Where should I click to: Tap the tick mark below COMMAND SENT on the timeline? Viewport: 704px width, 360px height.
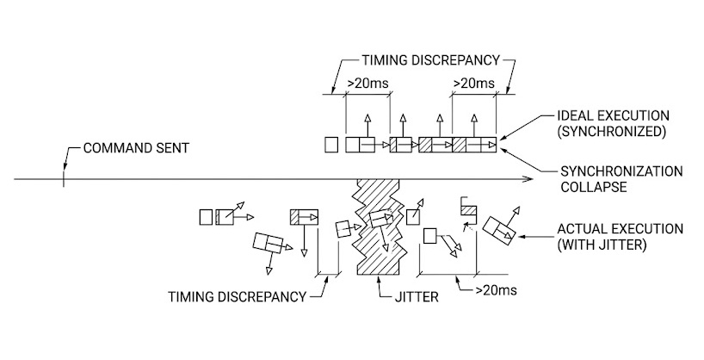pos(63,179)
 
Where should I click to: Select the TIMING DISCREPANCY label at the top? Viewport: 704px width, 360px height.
pos(422,62)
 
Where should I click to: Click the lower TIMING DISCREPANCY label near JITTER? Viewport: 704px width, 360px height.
pos(238,297)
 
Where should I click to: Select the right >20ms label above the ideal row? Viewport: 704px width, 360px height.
pos(473,84)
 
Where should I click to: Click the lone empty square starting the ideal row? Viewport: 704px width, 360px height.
pos(332,145)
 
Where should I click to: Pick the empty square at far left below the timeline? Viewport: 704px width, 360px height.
pos(206,217)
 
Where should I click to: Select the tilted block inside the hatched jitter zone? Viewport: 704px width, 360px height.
pos(380,220)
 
